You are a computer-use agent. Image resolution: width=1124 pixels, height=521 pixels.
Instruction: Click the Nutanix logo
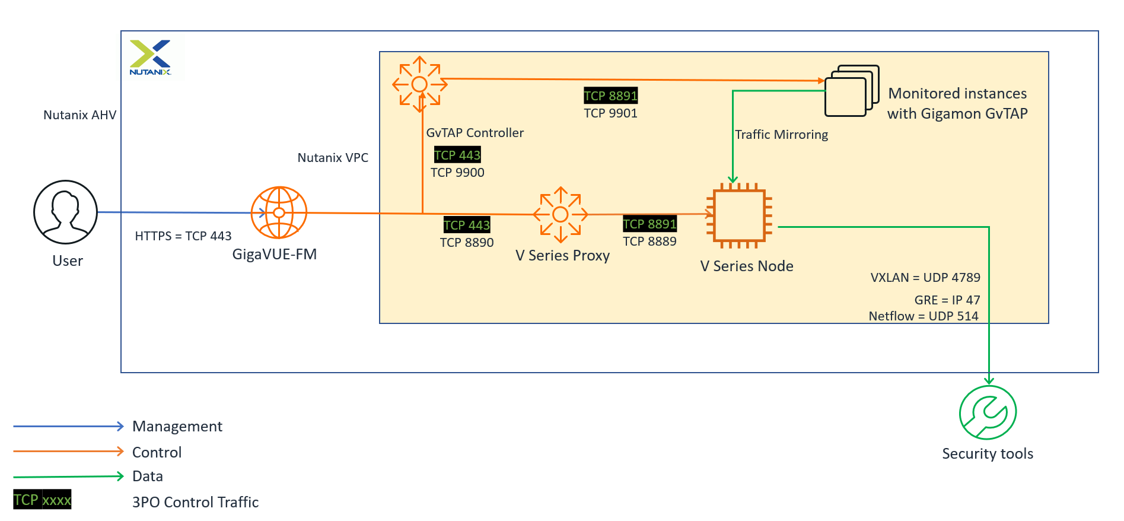coord(151,58)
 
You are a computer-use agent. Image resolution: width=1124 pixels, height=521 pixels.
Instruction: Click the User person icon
coord(65,212)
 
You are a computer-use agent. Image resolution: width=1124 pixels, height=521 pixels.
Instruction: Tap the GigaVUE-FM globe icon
coord(279,212)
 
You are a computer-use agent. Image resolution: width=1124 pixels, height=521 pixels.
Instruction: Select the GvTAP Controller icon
coord(420,84)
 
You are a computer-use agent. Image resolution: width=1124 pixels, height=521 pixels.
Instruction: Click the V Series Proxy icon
coord(561,215)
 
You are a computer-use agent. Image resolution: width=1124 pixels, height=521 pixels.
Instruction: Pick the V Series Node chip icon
coord(740,215)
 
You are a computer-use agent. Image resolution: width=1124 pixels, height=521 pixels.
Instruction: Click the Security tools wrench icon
coord(988,413)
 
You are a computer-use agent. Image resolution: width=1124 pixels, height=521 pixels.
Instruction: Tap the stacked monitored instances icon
coord(851,91)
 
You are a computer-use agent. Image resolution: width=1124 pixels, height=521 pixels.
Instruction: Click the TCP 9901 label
coord(610,113)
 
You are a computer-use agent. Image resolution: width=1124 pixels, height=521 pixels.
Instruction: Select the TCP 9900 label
coord(457,173)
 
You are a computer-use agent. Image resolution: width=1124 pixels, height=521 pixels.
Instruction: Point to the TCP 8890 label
coord(467,243)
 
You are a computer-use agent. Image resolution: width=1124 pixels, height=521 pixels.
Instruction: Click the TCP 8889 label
coord(649,242)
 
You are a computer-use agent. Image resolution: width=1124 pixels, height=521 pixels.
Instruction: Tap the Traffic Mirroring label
coord(781,135)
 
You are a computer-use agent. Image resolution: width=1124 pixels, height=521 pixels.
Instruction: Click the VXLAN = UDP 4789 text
coord(925,278)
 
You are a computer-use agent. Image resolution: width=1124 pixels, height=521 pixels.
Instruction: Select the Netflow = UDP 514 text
coord(923,316)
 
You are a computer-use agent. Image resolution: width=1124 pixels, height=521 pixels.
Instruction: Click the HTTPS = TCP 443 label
coord(183,236)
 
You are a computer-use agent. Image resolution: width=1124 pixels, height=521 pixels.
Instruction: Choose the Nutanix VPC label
coord(333,158)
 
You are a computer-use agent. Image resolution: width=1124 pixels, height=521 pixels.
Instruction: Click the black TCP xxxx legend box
coord(42,500)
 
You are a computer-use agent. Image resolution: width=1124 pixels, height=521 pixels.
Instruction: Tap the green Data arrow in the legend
coord(68,476)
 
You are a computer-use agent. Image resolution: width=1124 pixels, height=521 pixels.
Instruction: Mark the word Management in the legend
coord(177,427)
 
